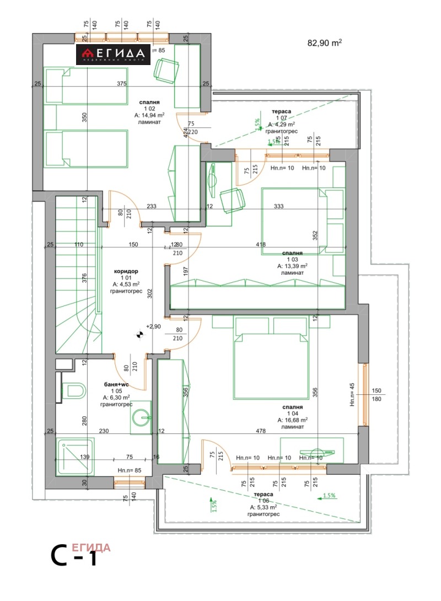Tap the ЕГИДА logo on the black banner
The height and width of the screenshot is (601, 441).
(x=114, y=54)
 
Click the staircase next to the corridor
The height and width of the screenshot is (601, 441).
(x=76, y=276)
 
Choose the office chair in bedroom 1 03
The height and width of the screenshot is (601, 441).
(x=232, y=200)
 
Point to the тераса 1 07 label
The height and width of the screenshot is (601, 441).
(x=282, y=111)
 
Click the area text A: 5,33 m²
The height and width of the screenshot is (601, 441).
(x=265, y=507)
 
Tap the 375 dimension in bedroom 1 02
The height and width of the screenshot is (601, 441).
(x=121, y=84)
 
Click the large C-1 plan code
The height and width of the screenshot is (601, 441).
(x=74, y=556)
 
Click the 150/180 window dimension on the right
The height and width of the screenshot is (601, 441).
(x=377, y=394)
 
